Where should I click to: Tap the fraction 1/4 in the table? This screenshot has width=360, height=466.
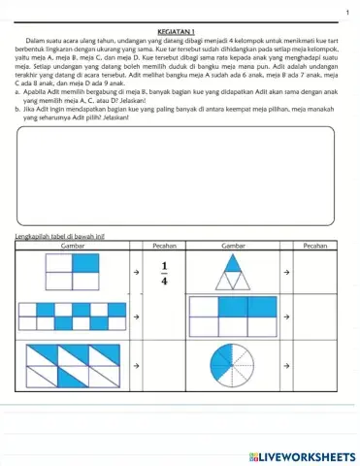tap(164, 275)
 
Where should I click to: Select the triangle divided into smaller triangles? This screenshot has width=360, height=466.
tap(231, 276)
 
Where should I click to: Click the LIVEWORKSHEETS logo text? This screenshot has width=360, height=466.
tap(304, 455)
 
